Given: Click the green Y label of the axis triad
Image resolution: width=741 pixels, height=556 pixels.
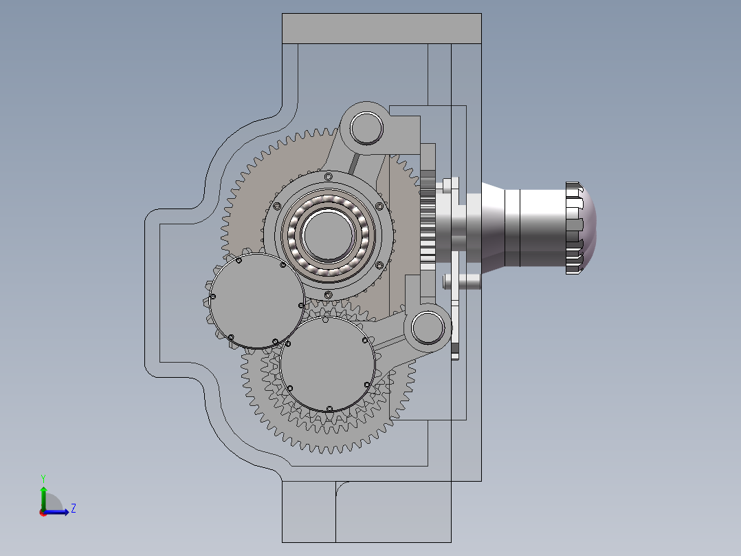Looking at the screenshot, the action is pyautogui.click(x=43, y=478).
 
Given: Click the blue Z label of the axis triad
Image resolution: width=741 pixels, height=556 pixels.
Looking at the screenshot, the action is pyautogui.click(x=74, y=509).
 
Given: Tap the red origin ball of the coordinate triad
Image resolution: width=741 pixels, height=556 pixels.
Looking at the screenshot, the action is pyautogui.click(x=43, y=513).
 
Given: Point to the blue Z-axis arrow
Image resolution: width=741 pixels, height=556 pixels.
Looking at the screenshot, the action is pyautogui.click(x=56, y=512).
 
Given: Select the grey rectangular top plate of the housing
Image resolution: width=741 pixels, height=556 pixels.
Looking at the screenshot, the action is pyautogui.click(x=382, y=29).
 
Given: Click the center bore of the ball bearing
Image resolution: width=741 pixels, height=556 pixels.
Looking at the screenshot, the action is pyautogui.click(x=328, y=235).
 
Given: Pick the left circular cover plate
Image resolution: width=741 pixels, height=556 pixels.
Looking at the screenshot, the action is pyautogui.click(x=256, y=301).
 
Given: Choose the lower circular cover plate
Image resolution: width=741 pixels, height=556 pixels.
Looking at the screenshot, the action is pyautogui.click(x=327, y=364).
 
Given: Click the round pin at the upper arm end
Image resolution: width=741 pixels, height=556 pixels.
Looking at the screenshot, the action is pyautogui.click(x=367, y=128).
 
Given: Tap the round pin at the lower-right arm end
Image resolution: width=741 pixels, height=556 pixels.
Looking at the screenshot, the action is pyautogui.click(x=428, y=328).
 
